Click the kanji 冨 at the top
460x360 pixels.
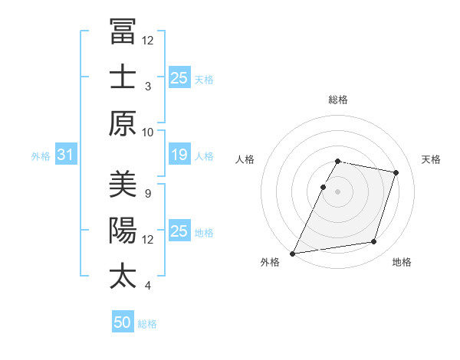(x=123, y=31)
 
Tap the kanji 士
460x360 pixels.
(x=123, y=77)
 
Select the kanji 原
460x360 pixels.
(x=123, y=123)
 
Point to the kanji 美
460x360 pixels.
(x=123, y=185)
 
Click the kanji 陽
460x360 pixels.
(x=123, y=231)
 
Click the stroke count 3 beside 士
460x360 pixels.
(x=148, y=86)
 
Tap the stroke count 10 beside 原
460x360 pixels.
(x=148, y=132)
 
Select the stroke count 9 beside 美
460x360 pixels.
(x=148, y=193)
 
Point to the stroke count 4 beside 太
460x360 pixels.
(x=148, y=286)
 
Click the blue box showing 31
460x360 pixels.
(x=65, y=155)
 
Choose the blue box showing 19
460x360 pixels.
(x=179, y=155)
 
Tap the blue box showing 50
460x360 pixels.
(x=122, y=323)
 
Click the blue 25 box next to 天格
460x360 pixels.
(x=179, y=77)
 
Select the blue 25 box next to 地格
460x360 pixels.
(x=179, y=231)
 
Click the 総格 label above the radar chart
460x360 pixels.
(x=338, y=100)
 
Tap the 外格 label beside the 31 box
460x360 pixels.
(x=41, y=156)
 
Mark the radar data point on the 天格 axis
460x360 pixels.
(x=396, y=173)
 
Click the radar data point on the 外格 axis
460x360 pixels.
(x=293, y=253)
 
